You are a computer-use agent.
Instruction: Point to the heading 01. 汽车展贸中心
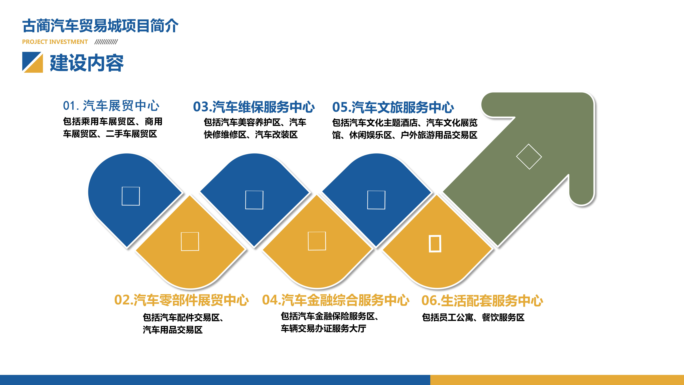pyautogui.click(x=111, y=106)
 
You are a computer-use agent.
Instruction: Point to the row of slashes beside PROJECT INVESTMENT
pyautogui.click(x=106, y=42)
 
